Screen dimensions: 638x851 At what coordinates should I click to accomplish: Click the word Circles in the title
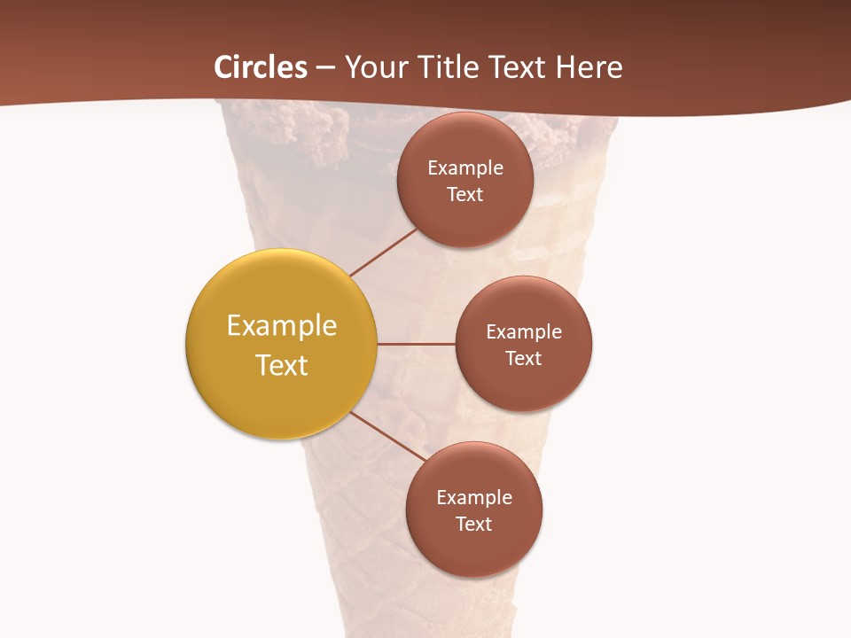261,67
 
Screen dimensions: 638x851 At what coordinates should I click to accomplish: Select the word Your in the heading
373,67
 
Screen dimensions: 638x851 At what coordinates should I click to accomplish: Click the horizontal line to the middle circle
416,344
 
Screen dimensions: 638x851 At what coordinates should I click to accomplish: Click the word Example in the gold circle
282,326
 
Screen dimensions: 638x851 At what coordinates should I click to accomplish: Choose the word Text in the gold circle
282,365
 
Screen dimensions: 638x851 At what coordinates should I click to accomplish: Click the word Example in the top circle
465,168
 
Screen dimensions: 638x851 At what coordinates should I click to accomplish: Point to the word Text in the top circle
465,195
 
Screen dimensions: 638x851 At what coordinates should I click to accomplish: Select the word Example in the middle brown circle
524,332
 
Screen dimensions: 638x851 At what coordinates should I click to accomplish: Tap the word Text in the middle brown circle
524,359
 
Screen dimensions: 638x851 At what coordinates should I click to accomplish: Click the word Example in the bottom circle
474,498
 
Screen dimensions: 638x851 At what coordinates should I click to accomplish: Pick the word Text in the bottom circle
474,525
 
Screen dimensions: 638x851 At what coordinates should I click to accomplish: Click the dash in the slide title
325,67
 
